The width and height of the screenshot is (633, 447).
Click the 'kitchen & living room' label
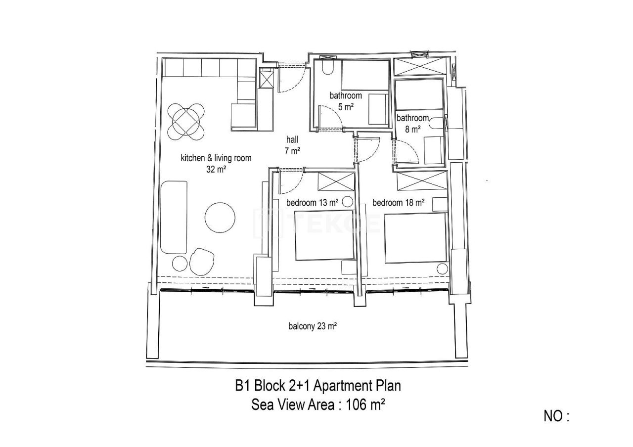coord(216,159)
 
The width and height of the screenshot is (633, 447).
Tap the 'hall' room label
coord(292,140)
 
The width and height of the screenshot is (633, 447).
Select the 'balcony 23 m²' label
coord(313,326)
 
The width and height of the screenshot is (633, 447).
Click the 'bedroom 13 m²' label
coord(312,202)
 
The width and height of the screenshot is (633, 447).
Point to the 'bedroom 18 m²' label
coord(399,202)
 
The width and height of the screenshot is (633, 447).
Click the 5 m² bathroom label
coord(346,96)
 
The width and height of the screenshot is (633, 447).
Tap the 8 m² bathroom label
coord(412,118)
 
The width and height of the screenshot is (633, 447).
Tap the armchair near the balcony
coord(202,261)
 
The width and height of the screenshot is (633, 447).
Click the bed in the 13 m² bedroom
coord(325,235)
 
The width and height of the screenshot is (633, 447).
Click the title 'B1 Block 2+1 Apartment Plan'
coord(318,385)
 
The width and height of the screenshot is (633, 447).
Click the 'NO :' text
coord(556,416)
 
